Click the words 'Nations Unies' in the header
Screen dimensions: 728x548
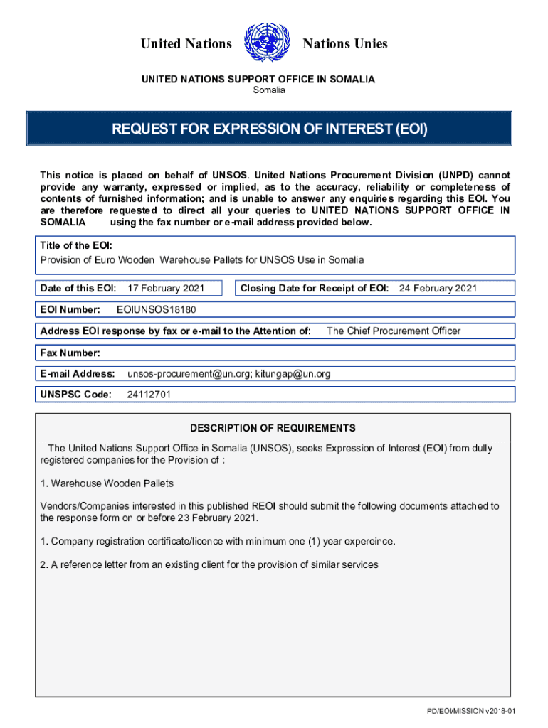[x=345, y=44]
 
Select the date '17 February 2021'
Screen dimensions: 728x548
[x=165, y=288]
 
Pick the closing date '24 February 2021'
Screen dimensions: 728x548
[x=438, y=288]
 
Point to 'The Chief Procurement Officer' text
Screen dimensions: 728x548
[x=393, y=331]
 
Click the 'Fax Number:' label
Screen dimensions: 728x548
[x=70, y=353]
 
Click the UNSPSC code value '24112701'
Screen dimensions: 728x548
[x=148, y=395]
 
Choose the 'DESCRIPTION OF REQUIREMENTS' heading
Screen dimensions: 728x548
[x=273, y=428]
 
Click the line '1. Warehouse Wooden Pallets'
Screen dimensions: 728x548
[x=107, y=483]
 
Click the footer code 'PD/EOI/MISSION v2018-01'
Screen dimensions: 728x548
[x=470, y=712]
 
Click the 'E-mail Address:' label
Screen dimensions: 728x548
[x=78, y=373]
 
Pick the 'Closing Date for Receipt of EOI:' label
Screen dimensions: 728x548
[x=315, y=288]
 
